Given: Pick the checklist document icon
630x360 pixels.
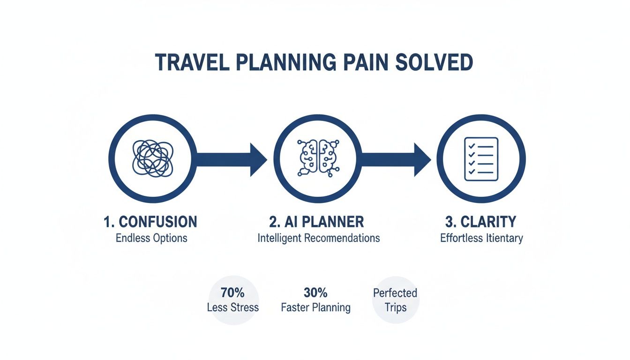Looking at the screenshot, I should [481, 159].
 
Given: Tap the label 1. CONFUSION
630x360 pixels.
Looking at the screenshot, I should [150, 222].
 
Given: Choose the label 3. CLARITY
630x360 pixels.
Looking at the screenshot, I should [481, 222].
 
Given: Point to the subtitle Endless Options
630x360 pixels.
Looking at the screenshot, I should [151, 238].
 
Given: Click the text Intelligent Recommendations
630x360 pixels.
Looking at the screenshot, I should [319, 238].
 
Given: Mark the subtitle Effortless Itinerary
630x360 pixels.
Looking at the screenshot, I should [481, 238].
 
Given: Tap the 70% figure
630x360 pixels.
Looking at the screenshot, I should [232, 293].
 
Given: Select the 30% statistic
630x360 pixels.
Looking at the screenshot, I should [315, 293].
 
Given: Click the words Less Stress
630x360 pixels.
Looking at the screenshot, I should [232, 307].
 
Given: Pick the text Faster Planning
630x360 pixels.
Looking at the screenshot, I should [315, 307].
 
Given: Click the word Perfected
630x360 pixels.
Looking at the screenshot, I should [395, 293].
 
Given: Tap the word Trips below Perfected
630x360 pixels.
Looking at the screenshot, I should [395, 308].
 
